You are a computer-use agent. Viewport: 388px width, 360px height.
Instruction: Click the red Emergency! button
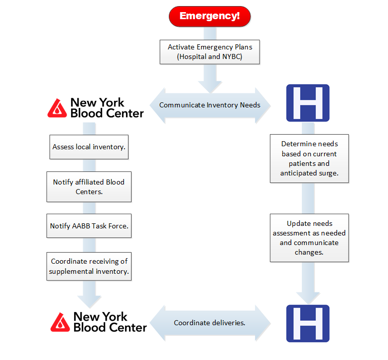pos(210,16)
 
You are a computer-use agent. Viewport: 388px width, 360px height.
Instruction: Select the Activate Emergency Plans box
pos(210,52)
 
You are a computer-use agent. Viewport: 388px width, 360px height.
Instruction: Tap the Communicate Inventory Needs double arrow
pos(210,105)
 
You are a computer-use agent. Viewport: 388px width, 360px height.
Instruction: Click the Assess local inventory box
pos(89,147)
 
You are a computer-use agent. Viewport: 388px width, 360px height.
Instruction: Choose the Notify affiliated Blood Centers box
pos(89,187)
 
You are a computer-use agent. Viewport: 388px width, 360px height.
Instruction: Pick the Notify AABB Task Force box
pos(89,226)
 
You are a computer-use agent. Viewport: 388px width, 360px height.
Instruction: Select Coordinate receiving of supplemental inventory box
pos(89,266)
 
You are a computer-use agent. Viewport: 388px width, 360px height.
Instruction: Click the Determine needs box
pos(309,158)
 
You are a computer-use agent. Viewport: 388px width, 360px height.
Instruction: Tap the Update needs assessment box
pos(309,237)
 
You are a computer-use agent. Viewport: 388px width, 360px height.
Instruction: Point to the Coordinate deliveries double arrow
pos(210,323)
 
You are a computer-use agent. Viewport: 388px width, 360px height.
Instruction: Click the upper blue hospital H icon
pos(308,103)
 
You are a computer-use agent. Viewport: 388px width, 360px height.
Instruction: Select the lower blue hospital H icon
pos(308,323)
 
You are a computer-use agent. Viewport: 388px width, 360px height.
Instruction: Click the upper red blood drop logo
pos(57,108)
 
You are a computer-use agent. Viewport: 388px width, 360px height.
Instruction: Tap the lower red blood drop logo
pos(60,322)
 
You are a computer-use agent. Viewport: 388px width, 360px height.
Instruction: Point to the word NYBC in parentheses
pos(231,56)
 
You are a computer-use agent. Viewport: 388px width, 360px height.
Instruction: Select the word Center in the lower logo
pos(128,328)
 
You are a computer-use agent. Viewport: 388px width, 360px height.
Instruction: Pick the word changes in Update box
pos(309,253)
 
